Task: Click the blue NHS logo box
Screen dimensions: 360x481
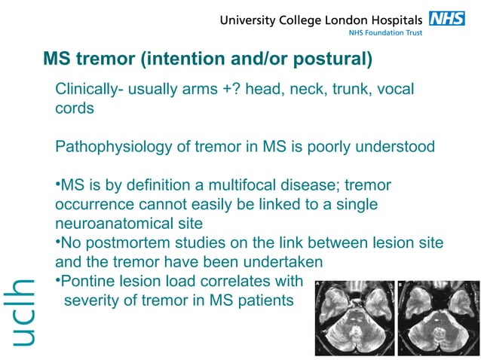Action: click(x=447, y=18)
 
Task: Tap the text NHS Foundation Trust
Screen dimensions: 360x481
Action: click(x=385, y=33)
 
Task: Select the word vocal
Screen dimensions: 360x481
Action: click(x=394, y=90)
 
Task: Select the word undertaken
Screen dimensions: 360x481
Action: click(x=284, y=262)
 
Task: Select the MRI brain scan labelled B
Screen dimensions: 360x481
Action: click(x=435, y=318)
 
